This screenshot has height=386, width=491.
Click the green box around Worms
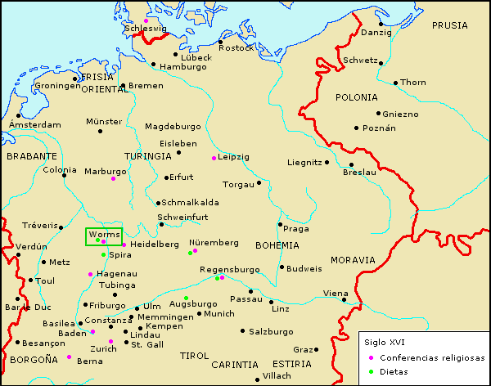coord(104,236)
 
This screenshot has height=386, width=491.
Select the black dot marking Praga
coord(280,224)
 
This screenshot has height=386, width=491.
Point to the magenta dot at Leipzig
coord(214,158)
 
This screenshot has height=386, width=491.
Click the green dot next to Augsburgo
coord(186,298)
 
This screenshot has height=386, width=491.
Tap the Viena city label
coord(335,293)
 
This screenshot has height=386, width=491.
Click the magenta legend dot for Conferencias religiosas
coord(371,358)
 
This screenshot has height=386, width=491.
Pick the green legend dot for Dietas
coord(371,371)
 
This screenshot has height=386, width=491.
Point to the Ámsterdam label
coord(34,124)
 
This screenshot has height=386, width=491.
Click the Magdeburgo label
coord(172,127)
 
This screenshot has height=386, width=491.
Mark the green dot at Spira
coord(104,255)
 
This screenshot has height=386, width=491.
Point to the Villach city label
coord(276,375)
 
